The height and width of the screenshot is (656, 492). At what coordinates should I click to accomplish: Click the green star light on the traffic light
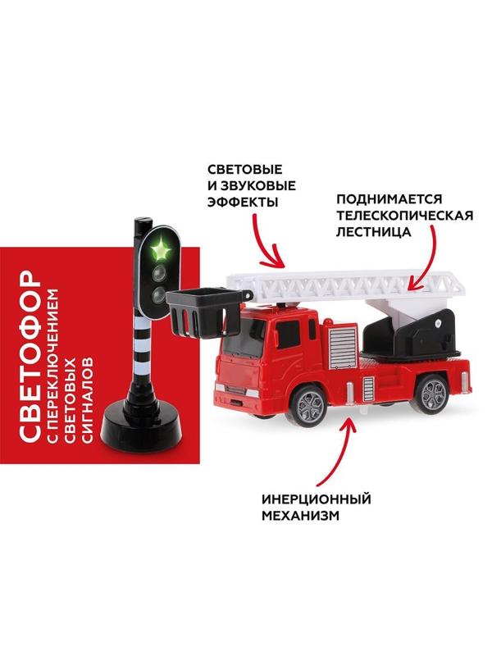[159, 251]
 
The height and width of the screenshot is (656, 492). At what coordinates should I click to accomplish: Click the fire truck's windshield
[243, 335]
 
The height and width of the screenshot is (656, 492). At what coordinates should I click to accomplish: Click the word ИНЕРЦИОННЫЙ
[317, 499]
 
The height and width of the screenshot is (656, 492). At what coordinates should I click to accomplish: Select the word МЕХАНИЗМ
[300, 516]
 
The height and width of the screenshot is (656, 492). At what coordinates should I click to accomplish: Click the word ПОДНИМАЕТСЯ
[389, 198]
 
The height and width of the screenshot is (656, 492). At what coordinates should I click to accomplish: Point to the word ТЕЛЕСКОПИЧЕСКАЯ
[404, 216]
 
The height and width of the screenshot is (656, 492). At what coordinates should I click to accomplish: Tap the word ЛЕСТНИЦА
[374, 232]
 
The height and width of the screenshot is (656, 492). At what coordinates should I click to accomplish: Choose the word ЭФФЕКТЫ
[243, 203]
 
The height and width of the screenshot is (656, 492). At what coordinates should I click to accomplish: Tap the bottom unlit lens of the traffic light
[159, 296]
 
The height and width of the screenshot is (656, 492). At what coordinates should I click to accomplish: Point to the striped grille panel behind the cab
[343, 348]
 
